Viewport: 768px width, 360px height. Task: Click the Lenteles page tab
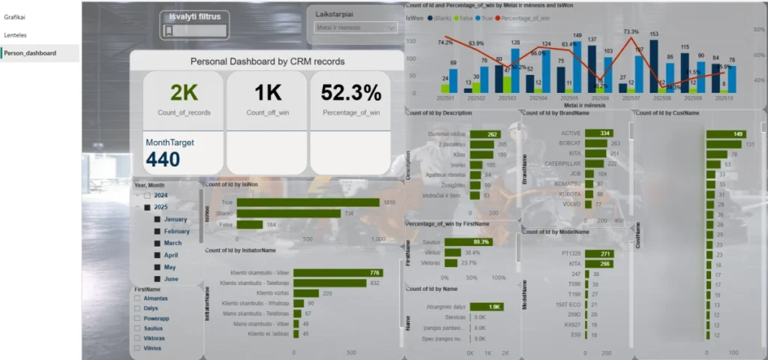click(x=16, y=34)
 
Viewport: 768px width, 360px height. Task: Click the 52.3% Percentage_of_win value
click(x=351, y=92)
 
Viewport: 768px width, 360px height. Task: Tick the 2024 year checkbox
click(x=147, y=195)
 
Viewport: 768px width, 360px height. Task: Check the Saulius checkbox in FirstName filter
click(x=137, y=328)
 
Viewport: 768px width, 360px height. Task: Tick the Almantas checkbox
click(x=137, y=298)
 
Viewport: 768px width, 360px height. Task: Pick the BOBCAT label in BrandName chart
click(x=571, y=142)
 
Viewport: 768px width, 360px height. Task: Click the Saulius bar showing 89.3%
click(x=468, y=241)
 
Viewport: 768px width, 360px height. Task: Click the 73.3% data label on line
click(x=631, y=31)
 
